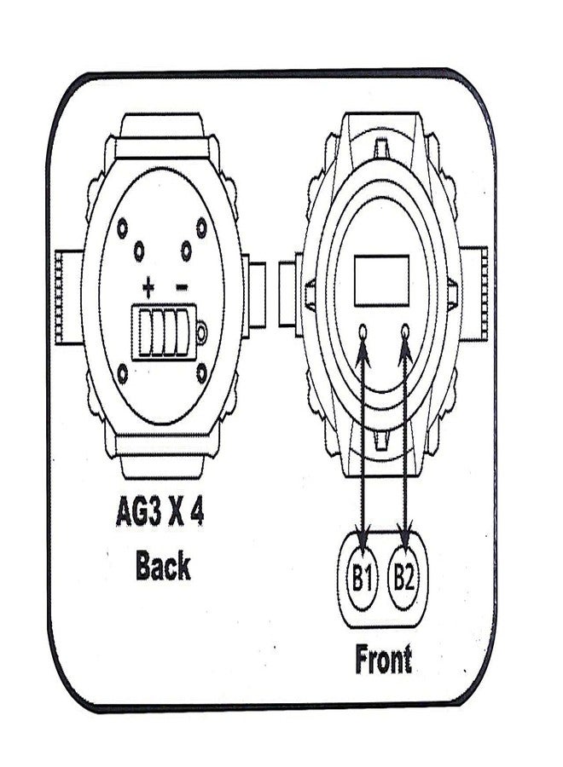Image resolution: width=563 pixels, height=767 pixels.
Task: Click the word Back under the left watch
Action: (x=163, y=565)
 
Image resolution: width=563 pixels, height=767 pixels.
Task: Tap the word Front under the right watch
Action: (x=383, y=659)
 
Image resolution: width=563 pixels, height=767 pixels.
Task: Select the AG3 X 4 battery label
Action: (x=160, y=511)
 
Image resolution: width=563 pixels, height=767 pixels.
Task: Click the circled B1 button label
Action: (x=362, y=578)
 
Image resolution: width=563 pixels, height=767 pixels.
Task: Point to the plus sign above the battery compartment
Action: (x=148, y=288)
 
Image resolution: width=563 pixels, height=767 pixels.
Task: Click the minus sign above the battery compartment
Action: (x=181, y=287)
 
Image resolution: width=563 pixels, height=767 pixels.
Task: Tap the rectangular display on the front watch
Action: (x=382, y=280)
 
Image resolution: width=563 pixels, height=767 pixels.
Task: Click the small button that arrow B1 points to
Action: (x=363, y=332)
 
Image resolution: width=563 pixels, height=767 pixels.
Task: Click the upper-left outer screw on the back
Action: (x=122, y=228)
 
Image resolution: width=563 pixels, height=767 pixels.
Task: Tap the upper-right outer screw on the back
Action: (x=201, y=227)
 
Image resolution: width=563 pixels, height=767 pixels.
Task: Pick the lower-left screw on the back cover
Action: (x=123, y=373)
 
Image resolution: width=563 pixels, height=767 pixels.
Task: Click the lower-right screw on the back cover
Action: (x=201, y=372)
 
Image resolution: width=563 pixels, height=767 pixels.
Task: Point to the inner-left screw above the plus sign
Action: (x=139, y=251)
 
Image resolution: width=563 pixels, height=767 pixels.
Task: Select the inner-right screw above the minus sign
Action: (x=186, y=251)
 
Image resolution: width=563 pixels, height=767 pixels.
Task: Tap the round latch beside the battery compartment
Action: (x=201, y=332)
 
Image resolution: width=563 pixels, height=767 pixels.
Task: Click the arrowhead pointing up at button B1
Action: (x=363, y=352)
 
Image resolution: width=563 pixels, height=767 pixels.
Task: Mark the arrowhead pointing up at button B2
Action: (x=405, y=352)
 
